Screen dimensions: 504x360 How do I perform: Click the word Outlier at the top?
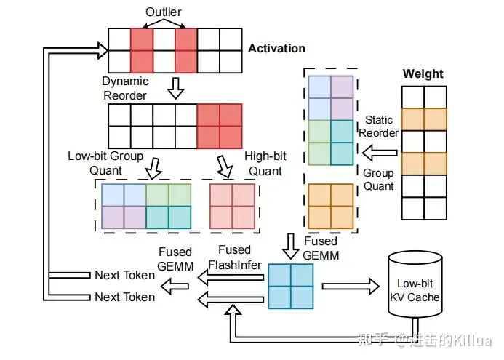[164, 12]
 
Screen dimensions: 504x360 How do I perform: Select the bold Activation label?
[276, 48]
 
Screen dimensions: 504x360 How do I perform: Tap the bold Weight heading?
[423, 74]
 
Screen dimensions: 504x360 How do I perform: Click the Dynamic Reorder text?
[125, 88]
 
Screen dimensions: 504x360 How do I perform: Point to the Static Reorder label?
[379, 127]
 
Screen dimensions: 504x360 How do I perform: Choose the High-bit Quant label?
[265, 164]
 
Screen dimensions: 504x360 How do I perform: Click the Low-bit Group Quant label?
[105, 163]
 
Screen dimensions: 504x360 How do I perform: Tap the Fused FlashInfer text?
[235, 257]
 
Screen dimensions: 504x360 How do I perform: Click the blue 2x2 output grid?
[291, 286]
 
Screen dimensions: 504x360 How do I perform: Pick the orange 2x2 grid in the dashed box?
[331, 207]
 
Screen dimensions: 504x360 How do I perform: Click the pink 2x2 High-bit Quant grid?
[233, 207]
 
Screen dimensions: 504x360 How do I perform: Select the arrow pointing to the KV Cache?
[351, 286]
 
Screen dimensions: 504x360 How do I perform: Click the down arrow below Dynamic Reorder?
[175, 88]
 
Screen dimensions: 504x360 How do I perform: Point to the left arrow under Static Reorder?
[380, 153]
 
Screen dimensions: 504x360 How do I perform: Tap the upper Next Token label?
[124, 275]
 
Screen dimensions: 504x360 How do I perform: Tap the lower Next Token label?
[124, 297]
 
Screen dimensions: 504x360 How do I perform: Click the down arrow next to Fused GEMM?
[291, 247]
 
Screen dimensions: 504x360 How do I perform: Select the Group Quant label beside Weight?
[378, 180]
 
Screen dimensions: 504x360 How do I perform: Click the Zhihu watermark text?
[425, 340]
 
